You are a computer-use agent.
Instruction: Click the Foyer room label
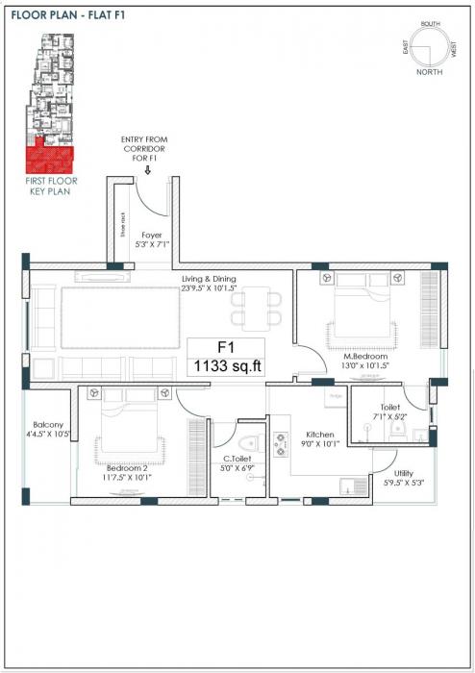pyautogui.click(x=151, y=234)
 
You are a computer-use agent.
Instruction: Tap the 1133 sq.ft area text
pyautogui.click(x=228, y=365)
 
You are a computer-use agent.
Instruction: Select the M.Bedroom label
pyautogui.click(x=365, y=356)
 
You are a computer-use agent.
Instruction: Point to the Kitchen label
pyautogui.click(x=319, y=434)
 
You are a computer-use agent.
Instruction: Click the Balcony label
pyautogui.click(x=48, y=424)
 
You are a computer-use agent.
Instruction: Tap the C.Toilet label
pyautogui.click(x=237, y=460)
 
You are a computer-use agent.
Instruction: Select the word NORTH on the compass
pyautogui.click(x=430, y=71)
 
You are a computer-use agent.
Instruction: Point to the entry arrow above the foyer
pyautogui.click(x=146, y=173)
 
